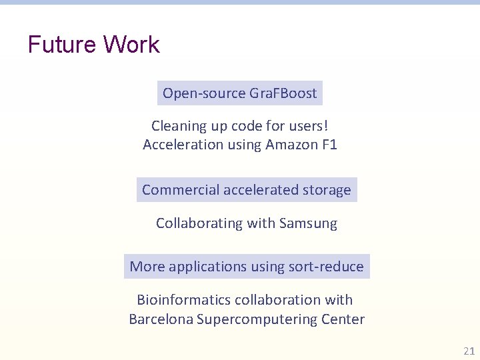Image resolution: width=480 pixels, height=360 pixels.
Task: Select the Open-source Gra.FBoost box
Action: point(239,93)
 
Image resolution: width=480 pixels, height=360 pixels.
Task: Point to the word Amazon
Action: point(289,144)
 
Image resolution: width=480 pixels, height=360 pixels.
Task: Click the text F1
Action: point(328,144)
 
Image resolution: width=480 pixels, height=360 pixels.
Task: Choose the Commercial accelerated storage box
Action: point(246,190)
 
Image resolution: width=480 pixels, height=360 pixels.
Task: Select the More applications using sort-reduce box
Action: point(247,267)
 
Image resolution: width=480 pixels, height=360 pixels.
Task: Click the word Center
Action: point(343,319)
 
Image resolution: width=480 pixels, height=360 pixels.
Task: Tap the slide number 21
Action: point(468,351)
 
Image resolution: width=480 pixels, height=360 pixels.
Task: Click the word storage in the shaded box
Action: point(325,190)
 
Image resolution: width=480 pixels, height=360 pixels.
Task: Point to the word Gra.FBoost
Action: point(283,93)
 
